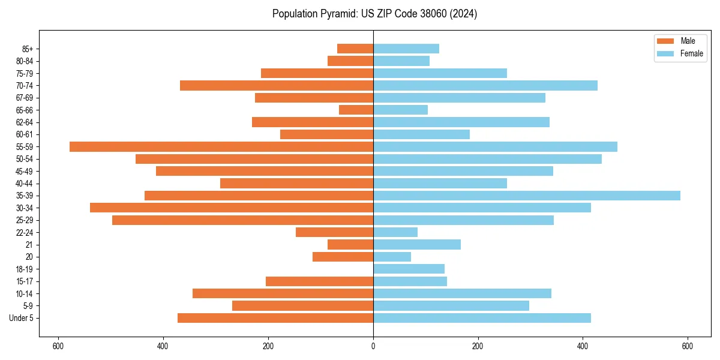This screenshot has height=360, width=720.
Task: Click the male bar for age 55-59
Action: pos(221,146)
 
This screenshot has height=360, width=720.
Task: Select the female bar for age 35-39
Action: pos(527,196)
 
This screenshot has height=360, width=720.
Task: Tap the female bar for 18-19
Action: pos(409,269)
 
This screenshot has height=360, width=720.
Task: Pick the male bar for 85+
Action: pos(355,49)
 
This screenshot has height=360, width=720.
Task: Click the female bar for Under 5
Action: pos(482,318)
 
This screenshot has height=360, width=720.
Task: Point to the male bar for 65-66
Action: pos(356,110)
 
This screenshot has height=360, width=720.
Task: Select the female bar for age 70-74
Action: pos(485,85)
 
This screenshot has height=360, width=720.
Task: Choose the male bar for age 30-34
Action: pos(232,208)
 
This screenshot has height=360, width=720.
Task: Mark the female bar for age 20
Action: pos(392,257)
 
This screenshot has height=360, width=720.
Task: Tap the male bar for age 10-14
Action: pos(283,293)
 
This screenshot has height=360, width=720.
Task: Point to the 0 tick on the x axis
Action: pos(373,346)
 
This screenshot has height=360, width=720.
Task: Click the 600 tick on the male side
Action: pos(58,346)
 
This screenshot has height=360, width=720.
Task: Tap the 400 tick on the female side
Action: pos(583,346)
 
